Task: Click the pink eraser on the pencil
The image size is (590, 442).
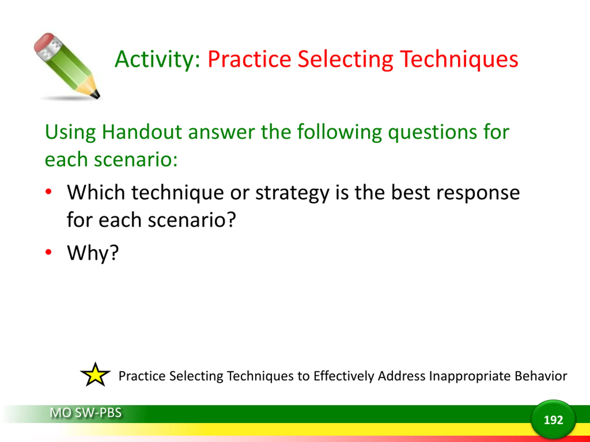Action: (44, 42)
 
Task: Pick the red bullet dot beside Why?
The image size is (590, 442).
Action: (48, 252)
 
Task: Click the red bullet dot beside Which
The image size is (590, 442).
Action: (48, 192)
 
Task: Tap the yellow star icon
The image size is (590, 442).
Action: (95, 375)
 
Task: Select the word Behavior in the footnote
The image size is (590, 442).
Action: (541, 376)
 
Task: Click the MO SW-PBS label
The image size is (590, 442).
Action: (86, 413)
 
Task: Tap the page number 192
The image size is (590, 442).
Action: (553, 420)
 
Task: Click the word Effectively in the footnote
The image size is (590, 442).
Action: (344, 376)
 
